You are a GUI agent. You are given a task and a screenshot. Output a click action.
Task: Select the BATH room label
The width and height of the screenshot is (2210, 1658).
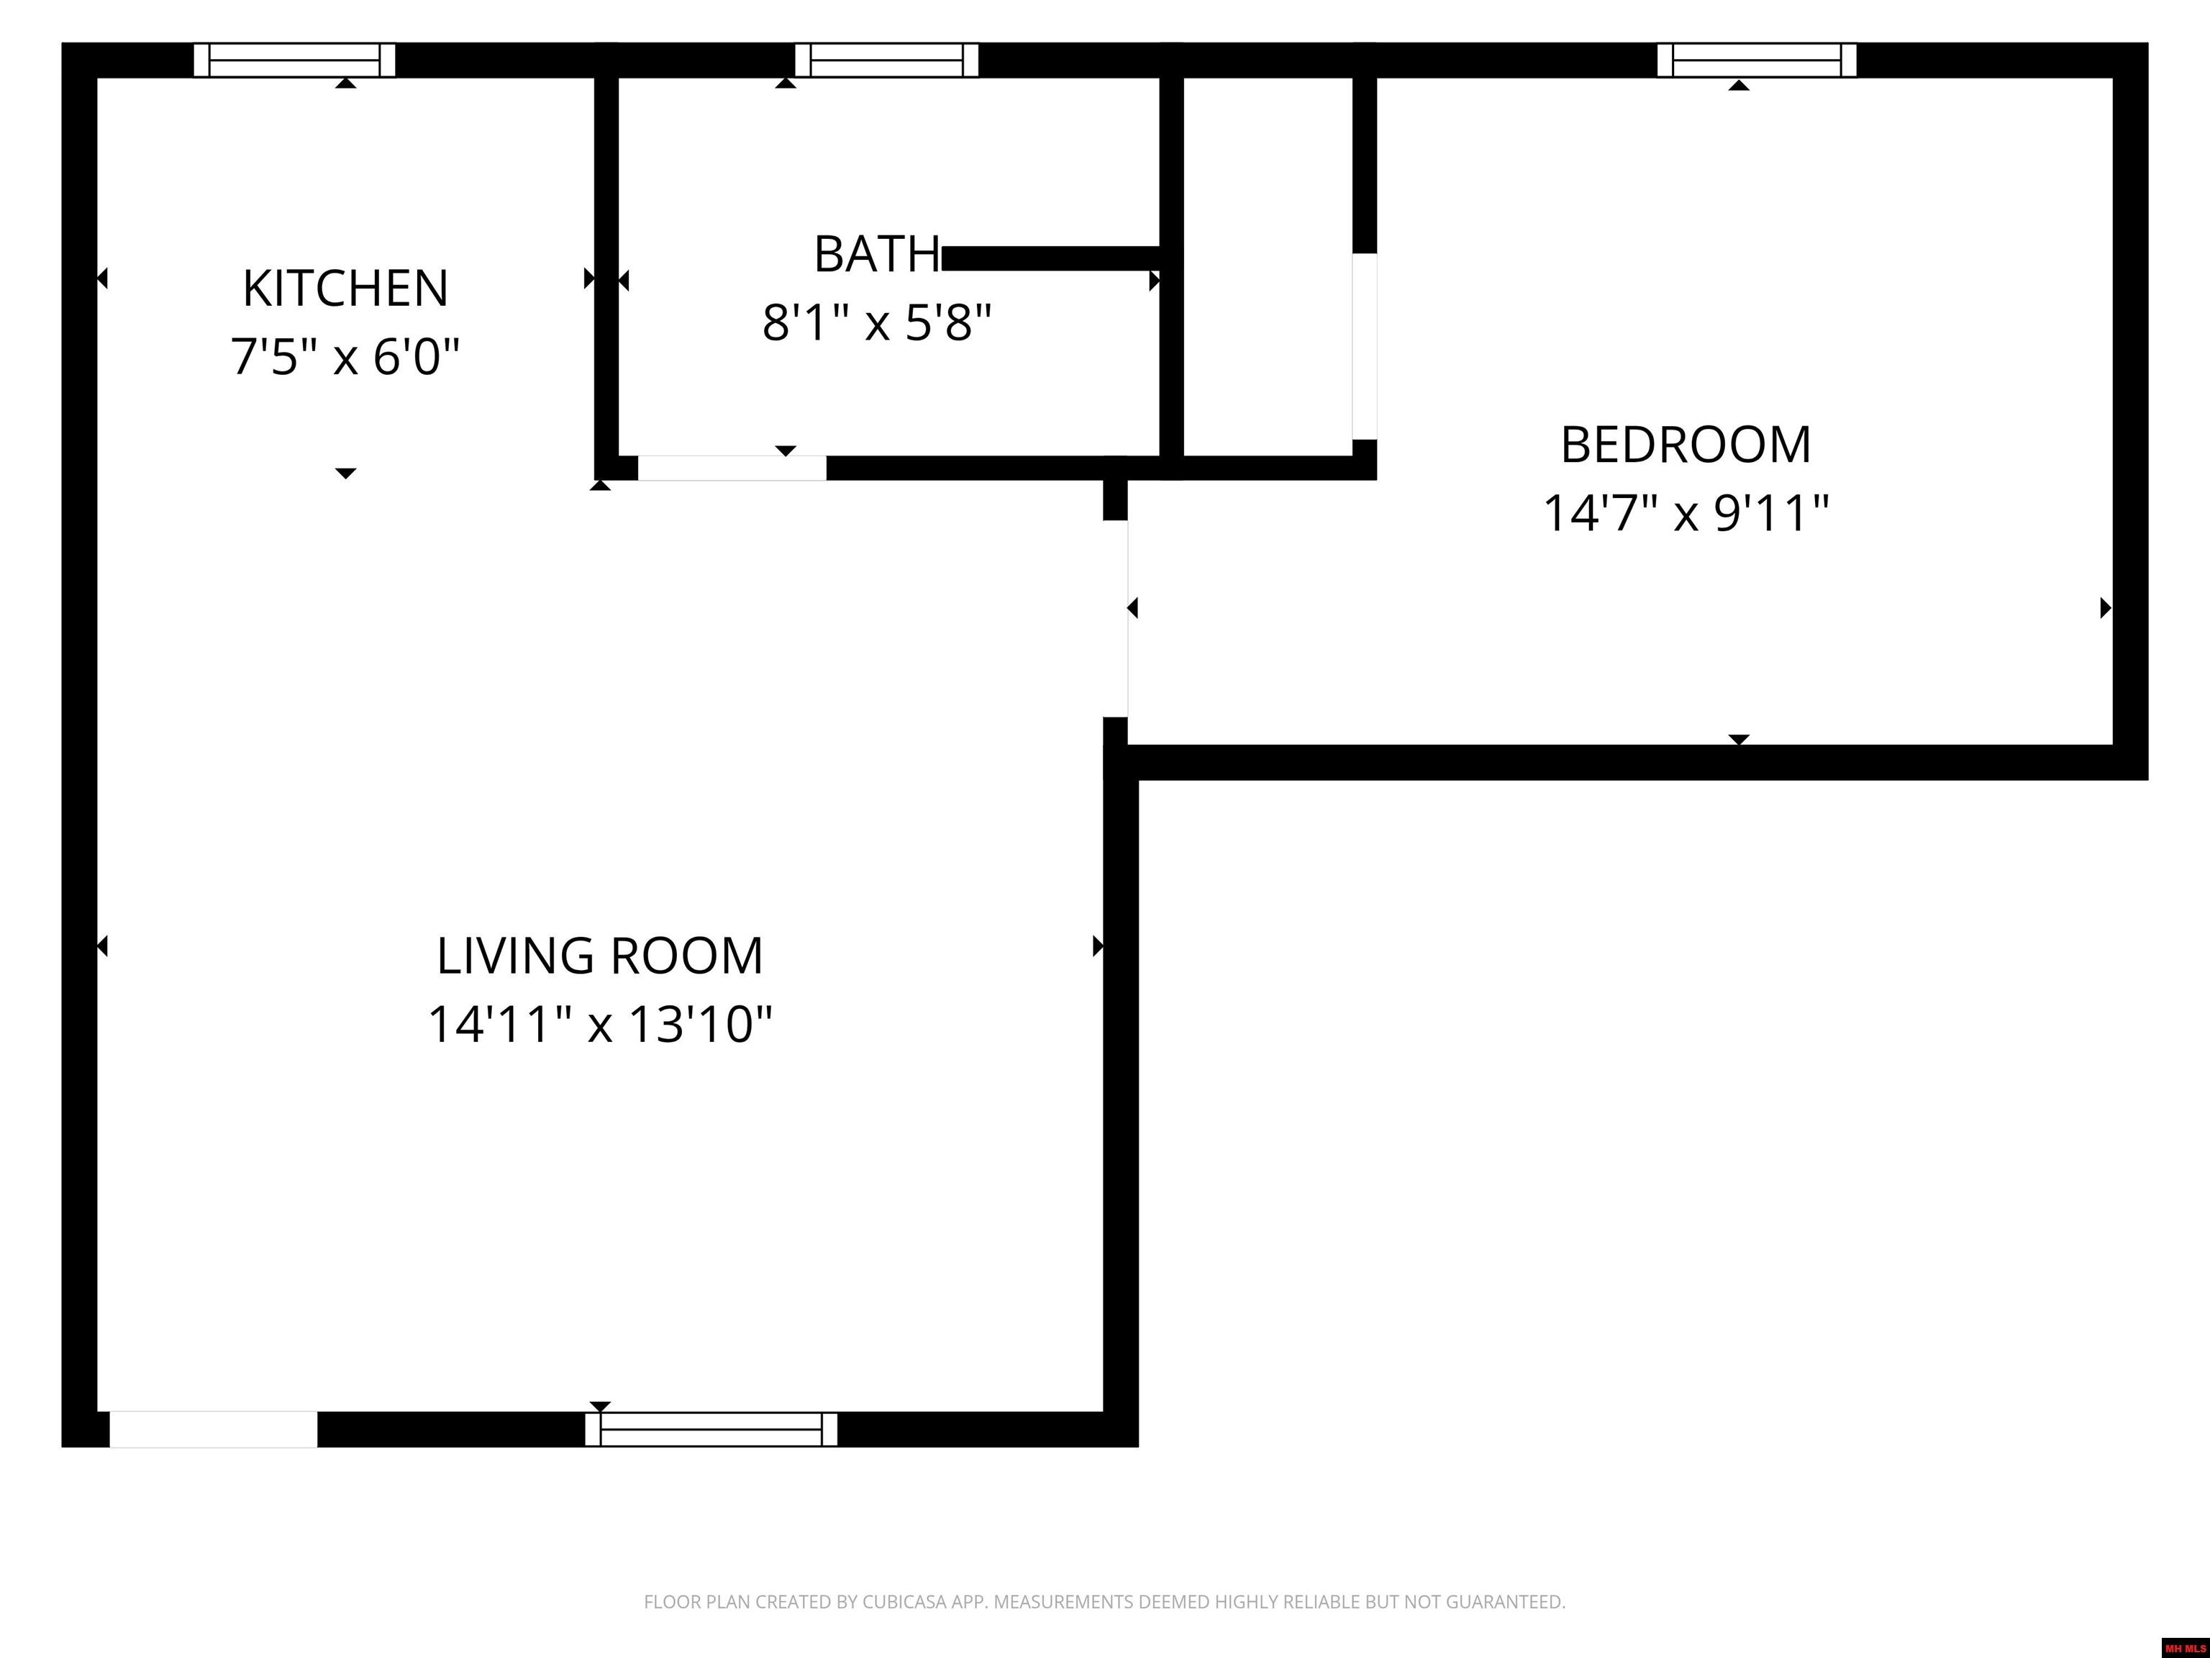[x=876, y=254]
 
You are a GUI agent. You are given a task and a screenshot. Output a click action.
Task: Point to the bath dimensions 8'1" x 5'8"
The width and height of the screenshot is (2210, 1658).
[x=876, y=323]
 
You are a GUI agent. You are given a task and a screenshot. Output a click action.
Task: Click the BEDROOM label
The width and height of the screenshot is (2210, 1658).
[x=1686, y=445]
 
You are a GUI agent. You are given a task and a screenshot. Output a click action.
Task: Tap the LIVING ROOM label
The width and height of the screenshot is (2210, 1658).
[x=599, y=956]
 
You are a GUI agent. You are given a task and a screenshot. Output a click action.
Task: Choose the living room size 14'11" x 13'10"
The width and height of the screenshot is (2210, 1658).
[x=599, y=1025]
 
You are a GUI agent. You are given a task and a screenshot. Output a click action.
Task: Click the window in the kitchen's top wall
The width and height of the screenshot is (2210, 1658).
[x=295, y=60]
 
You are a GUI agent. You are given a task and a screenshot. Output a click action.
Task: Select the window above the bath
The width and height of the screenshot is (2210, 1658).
[x=886, y=60]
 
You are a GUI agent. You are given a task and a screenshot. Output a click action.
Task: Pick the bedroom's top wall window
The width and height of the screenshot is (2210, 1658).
[x=1756, y=60]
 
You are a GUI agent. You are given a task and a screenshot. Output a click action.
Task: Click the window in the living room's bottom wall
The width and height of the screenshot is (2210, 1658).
[x=711, y=1429]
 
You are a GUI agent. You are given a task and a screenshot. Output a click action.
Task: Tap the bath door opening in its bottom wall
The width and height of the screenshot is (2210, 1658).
[x=732, y=468]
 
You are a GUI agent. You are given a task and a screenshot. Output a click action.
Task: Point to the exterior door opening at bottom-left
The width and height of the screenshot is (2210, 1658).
[x=214, y=1429]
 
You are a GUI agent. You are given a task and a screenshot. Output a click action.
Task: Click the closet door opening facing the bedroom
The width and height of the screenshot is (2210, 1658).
[x=1365, y=347]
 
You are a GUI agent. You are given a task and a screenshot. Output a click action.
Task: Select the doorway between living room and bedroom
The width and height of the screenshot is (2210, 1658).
[x=1116, y=619]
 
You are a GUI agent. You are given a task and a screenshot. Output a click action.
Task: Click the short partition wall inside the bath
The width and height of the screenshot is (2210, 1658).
[x=1051, y=258]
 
